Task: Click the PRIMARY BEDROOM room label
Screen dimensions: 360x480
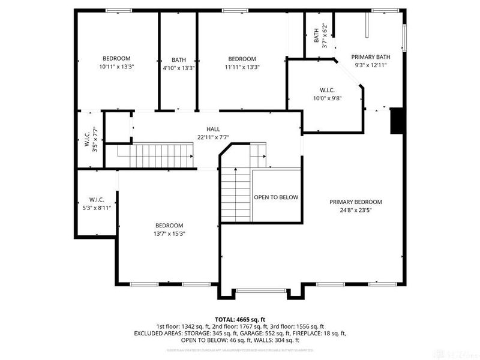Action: point(355,202)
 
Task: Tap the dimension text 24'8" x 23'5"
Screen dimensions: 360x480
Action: point(355,211)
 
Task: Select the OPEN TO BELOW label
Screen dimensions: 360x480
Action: point(276,197)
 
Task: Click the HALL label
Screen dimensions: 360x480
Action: point(213,129)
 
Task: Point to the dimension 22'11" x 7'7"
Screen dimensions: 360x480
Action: point(213,137)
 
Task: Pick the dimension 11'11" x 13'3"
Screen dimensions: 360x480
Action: point(242,67)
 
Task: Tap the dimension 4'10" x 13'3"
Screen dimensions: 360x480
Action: point(178,68)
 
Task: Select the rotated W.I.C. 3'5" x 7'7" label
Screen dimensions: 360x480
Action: point(91,140)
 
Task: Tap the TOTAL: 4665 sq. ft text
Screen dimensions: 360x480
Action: point(240,320)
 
